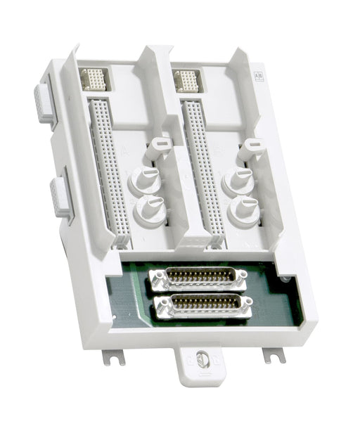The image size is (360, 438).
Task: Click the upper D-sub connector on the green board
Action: [200, 278]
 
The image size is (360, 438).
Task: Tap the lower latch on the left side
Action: [60, 196]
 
